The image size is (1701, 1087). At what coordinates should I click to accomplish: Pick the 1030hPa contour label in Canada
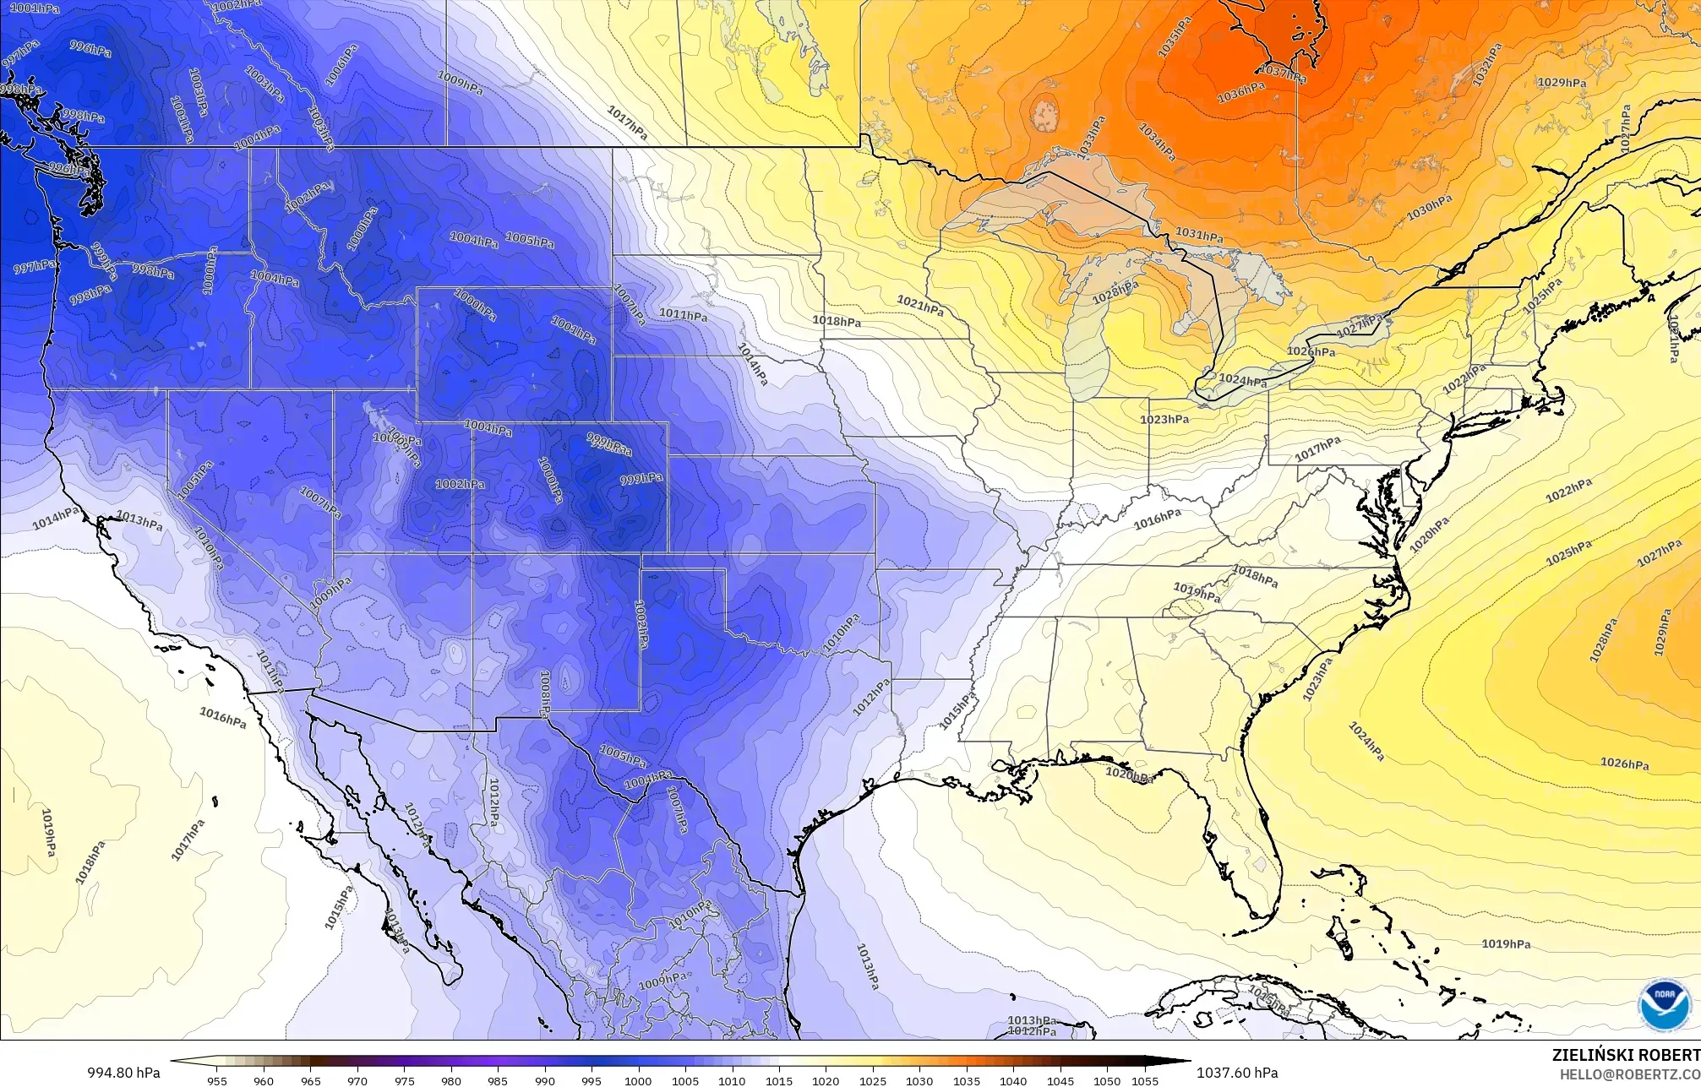coord(1430,209)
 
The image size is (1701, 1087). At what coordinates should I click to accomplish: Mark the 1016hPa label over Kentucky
coord(1158,519)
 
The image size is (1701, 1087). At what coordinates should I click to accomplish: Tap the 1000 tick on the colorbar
coord(638,1080)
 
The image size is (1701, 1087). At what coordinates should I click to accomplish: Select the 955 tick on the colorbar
coord(217,1080)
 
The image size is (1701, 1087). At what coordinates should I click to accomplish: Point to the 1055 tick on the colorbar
coord(1144,1080)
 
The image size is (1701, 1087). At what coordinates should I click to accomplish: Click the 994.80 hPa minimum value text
coord(123,1073)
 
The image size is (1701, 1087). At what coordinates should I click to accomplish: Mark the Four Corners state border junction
coord(472,553)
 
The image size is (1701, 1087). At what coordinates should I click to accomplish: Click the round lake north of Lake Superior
coord(1045,113)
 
